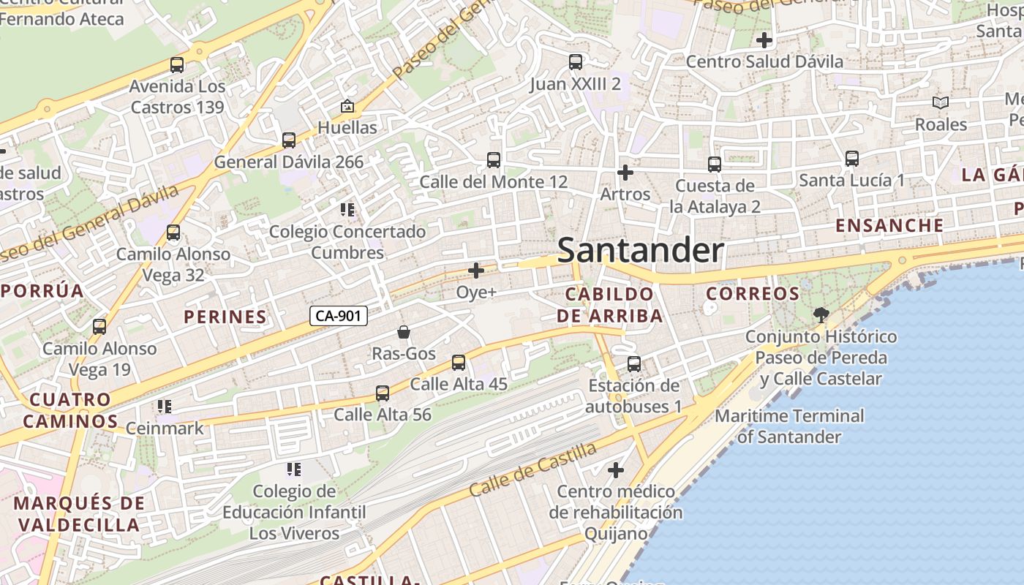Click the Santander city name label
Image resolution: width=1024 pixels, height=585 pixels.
641,251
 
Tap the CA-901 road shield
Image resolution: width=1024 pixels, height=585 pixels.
339,316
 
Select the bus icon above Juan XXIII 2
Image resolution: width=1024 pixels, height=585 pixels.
576,62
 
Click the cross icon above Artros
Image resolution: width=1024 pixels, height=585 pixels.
625,173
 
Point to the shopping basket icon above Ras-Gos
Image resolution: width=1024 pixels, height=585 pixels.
403,332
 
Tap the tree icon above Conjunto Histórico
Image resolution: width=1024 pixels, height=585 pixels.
821,315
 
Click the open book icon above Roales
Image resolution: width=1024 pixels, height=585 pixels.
941,103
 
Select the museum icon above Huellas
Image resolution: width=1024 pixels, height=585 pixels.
347,106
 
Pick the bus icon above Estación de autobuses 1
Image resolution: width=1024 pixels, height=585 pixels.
634,363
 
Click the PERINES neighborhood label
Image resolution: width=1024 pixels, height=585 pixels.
225,317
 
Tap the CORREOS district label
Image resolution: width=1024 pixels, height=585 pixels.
753,294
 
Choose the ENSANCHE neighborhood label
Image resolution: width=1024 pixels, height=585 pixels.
889,225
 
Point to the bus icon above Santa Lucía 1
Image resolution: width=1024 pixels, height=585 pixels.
851,158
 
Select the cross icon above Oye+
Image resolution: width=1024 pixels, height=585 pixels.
476,271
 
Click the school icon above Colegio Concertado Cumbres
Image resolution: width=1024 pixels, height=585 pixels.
347,210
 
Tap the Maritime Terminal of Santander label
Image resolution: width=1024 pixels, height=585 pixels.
789,426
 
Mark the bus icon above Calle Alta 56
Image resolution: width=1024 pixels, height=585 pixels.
382,393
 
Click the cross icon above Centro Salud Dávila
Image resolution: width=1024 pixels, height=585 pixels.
764,40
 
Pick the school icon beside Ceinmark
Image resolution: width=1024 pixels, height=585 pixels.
165,406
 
